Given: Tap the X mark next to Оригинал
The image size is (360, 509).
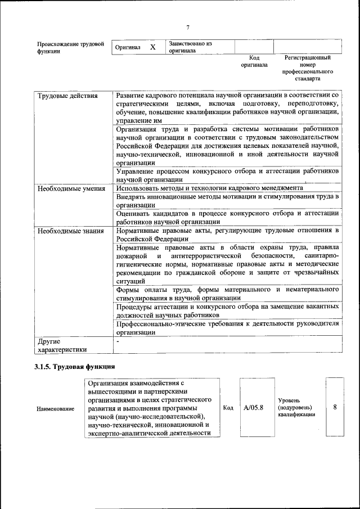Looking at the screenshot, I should [152, 47].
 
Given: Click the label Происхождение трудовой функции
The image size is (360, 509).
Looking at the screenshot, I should [70, 47].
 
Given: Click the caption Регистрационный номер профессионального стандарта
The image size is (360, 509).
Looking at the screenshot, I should [308, 68].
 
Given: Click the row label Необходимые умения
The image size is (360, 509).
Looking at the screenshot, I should [71, 188].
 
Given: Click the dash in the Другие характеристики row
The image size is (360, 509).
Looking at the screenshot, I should [118, 341].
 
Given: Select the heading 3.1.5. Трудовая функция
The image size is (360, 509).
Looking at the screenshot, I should [75, 366].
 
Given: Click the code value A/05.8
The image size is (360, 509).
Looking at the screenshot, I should [254, 407].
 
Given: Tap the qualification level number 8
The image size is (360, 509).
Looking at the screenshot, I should [335, 407].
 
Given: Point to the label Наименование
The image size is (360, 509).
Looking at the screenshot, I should [56, 408].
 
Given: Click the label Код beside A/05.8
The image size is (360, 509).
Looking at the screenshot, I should [228, 408].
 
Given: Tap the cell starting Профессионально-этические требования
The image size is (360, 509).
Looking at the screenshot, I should [227, 328].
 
